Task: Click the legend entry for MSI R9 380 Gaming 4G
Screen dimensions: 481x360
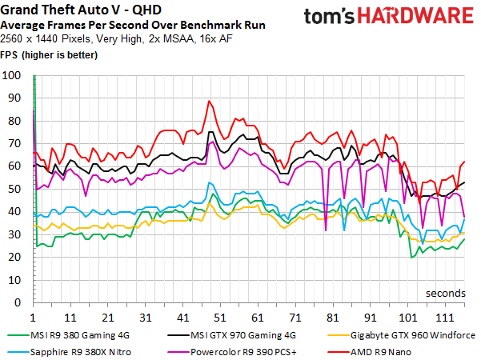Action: point(68,335)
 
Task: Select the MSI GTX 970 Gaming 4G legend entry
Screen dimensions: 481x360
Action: point(232,335)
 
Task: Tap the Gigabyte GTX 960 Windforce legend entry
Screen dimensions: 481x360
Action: point(401,335)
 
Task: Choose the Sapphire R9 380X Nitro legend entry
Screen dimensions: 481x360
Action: point(69,352)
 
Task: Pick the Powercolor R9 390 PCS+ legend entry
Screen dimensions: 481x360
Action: point(232,352)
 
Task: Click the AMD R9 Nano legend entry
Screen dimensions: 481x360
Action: point(369,352)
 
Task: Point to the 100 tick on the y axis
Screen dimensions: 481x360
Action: point(11,75)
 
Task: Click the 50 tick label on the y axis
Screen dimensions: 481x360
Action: point(14,189)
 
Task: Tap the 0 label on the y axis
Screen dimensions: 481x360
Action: point(18,302)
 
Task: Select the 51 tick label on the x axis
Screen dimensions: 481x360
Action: point(220,318)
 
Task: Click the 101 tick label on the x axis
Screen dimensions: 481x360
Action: point(407,318)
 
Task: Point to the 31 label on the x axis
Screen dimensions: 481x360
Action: point(145,318)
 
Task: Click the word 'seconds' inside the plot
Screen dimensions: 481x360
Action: point(446,293)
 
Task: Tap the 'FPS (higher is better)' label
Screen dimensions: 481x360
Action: point(49,55)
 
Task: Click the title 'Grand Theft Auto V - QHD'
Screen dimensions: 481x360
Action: point(81,10)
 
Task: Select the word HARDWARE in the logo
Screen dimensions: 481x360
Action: point(415,16)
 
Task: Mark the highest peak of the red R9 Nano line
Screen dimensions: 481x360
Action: point(209,101)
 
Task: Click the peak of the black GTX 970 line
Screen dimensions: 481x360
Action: point(210,132)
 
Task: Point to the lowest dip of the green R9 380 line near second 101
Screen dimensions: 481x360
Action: point(411,258)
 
